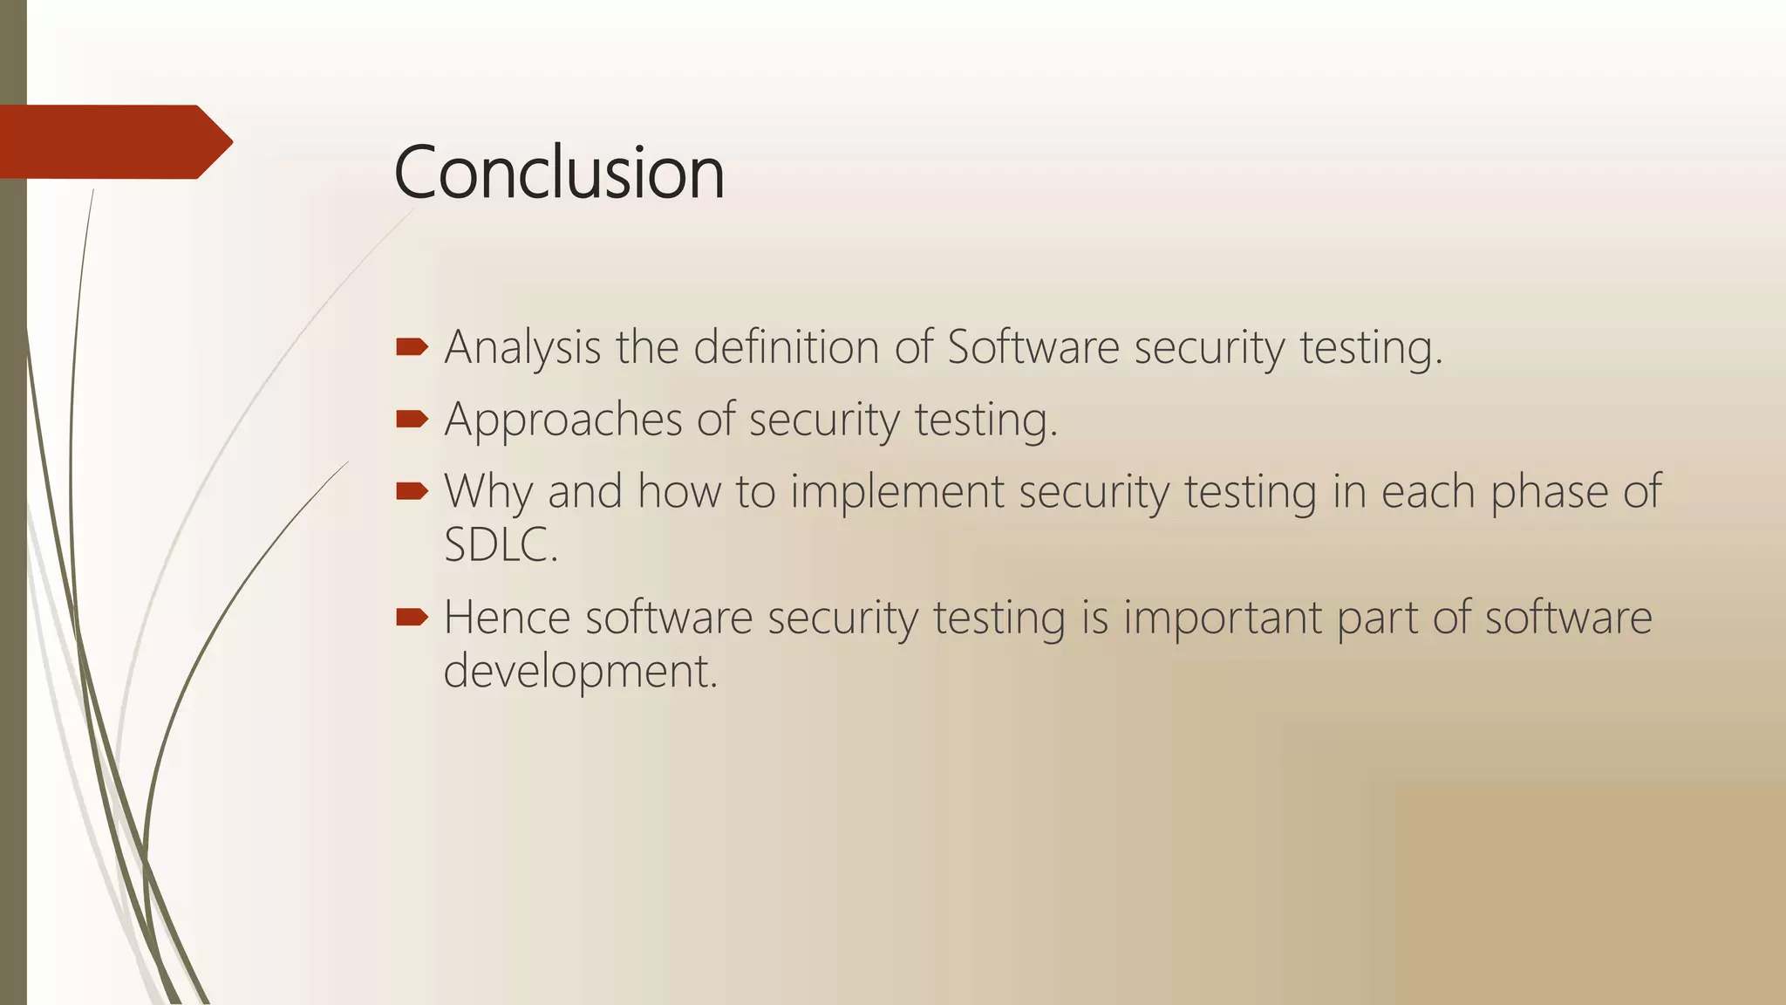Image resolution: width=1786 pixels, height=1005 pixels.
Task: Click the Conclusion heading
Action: [559, 173]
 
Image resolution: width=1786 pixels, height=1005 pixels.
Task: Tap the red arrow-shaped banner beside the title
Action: [113, 142]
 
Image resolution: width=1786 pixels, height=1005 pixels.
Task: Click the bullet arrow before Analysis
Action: [412, 348]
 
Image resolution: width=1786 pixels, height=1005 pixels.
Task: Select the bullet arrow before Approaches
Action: [412, 420]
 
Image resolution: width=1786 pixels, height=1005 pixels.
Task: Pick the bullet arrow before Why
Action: [412, 491]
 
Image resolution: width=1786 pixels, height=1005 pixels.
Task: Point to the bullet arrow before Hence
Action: [412, 618]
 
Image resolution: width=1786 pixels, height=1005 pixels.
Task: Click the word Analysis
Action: [522, 348]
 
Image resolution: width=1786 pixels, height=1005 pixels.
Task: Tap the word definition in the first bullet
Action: [786, 346]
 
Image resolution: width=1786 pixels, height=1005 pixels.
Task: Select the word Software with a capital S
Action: [1033, 346]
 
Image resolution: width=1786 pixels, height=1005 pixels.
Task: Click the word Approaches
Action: [563, 420]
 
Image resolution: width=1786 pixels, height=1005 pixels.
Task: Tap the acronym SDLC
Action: [500, 545]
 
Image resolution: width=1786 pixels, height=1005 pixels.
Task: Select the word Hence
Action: [507, 618]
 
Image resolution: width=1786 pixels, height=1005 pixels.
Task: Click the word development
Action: [579, 672]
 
